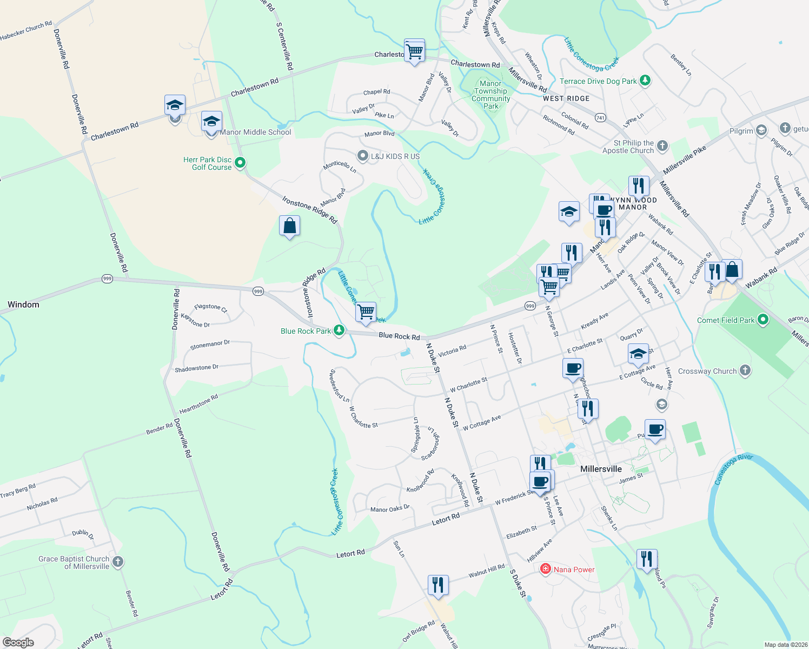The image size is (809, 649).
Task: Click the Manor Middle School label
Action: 255,132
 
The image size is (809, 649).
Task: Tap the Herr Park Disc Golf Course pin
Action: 241,162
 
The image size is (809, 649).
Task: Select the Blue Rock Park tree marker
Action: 339,330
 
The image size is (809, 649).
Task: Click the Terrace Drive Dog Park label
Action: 598,81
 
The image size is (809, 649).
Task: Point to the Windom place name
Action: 23,304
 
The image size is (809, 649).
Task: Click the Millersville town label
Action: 601,469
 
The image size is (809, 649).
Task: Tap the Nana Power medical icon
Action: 546,569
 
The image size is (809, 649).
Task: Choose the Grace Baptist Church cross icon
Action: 118,562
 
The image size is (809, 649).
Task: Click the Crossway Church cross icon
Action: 745,370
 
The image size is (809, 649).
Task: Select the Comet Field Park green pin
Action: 763,320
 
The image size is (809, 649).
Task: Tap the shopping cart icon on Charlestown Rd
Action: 414,51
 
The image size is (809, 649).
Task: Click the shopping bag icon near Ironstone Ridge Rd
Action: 290,226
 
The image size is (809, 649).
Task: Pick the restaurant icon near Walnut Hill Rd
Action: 437,585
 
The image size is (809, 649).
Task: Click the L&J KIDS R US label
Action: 395,156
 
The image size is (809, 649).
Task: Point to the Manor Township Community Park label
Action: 490,95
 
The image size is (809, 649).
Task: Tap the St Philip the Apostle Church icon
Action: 662,146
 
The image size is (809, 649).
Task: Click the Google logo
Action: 18,642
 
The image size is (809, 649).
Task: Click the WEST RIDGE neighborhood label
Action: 566,98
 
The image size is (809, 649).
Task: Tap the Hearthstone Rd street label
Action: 198,404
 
